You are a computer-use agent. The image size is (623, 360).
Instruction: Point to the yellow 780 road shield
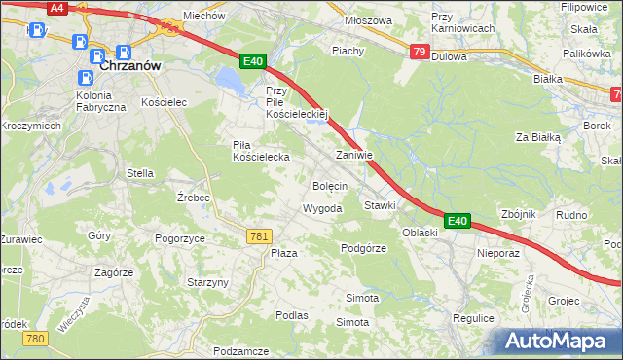coord(36,338)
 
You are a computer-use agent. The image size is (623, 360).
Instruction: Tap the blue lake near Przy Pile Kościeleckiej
coord(231,79)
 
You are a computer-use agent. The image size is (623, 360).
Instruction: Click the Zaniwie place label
coord(354,155)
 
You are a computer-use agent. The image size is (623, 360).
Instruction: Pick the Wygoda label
coord(322,209)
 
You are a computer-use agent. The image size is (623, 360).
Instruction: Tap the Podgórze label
coord(364,248)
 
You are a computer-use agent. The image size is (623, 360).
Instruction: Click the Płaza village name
coord(283,253)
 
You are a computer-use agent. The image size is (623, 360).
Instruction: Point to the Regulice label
coord(474,317)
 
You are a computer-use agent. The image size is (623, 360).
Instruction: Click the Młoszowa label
coord(368,20)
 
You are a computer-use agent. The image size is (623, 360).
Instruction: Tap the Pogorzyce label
coord(179,237)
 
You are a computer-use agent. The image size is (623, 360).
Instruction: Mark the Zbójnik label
coord(517,214)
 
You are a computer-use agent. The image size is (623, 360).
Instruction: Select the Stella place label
coord(140,173)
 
